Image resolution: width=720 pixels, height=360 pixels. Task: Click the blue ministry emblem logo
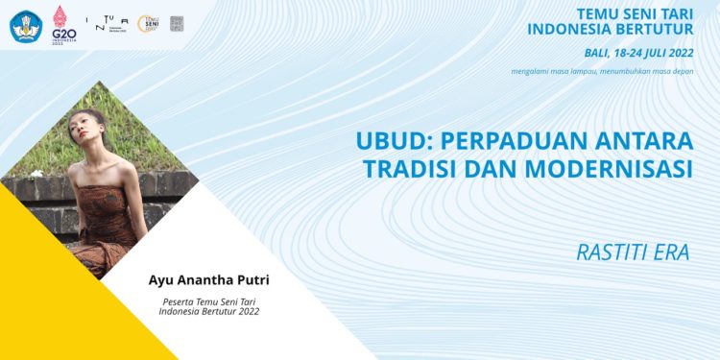coord(25,24)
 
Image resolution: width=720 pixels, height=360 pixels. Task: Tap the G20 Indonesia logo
coord(63,23)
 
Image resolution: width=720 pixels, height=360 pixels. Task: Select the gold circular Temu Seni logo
coord(149,23)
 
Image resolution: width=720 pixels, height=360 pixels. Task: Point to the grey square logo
coord(177,23)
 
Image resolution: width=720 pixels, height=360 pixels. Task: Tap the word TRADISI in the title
coord(409,169)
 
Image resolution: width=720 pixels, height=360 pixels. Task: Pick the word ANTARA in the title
coord(652,141)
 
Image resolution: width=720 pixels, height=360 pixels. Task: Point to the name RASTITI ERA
coord(634,252)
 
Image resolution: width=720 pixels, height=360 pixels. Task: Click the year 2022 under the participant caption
coord(245,312)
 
